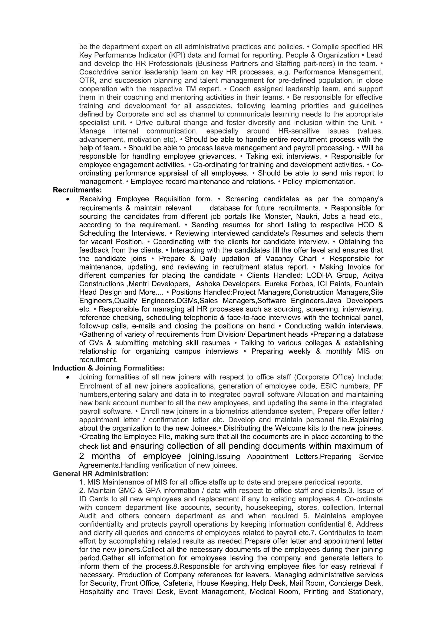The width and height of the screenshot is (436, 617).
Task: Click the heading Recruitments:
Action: [x=77, y=190]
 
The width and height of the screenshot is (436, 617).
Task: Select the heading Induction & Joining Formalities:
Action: [x=109, y=368]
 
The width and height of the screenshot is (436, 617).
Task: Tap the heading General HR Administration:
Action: [x=100, y=474]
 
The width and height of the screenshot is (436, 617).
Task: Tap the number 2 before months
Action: [x=82, y=456]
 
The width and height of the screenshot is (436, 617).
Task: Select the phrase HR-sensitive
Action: [x=297, y=131]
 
